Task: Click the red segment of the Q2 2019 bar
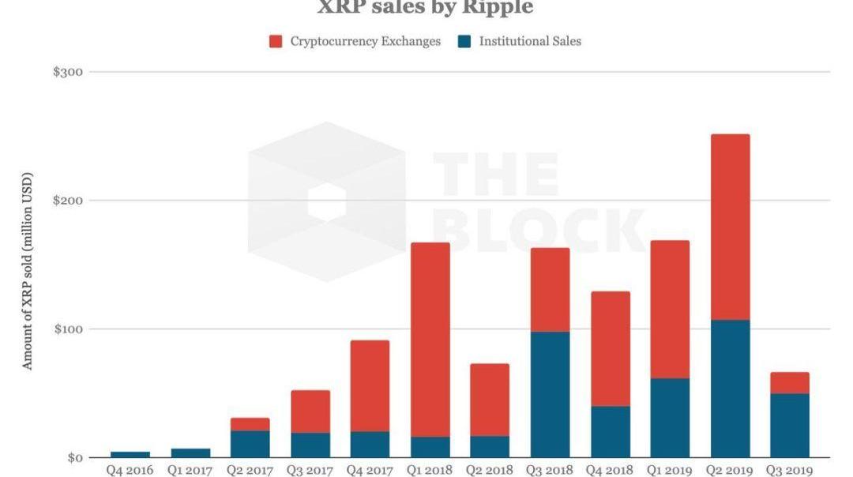(x=730, y=227)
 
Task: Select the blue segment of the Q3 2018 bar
(x=549, y=394)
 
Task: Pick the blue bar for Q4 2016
(x=130, y=454)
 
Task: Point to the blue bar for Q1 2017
(x=190, y=453)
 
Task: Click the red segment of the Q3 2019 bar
(x=790, y=383)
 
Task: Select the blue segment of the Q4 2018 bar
(x=610, y=431)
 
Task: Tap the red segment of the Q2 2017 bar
(x=250, y=424)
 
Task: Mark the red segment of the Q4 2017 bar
(x=370, y=385)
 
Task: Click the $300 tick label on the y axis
(x=68, y=72)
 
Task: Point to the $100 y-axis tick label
(x=68, y=329)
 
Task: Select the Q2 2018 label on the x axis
(x=489, y=471)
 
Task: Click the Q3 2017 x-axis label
(x=310, y=471)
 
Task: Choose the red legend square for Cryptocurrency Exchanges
(x=276, y=41)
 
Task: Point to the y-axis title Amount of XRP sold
(x=28, y=270)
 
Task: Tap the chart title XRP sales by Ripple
(x=425, y=8)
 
